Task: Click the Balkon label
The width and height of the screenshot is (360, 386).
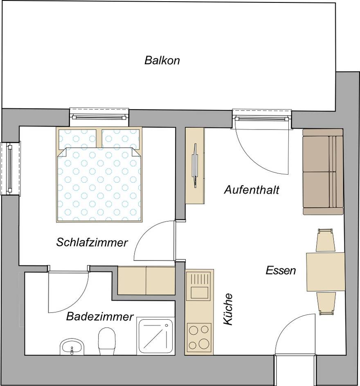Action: [162, 61]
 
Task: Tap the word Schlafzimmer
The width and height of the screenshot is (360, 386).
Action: [92, 242]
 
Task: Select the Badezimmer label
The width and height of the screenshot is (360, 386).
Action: [100, 316]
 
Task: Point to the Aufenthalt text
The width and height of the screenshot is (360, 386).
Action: [252, 190]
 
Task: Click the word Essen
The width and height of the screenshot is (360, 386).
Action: [281, 270]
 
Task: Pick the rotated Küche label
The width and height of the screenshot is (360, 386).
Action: [228, 309]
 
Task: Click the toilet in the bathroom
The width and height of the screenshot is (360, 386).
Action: [107, 343]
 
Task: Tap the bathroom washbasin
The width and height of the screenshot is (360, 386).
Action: [72, 347]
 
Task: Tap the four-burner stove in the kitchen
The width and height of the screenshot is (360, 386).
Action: [199, 337]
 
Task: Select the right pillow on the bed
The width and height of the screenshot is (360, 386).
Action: [120, 139]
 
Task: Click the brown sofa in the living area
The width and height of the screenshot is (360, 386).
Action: [323, 172]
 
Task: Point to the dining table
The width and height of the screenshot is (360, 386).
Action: [326, 272]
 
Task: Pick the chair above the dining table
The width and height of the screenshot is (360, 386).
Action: [326, 240]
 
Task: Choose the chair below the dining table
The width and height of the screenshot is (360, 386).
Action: [326, 303]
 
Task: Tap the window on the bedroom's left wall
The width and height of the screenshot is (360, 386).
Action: [10, 168]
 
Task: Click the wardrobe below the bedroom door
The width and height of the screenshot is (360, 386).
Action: [146, 280]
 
